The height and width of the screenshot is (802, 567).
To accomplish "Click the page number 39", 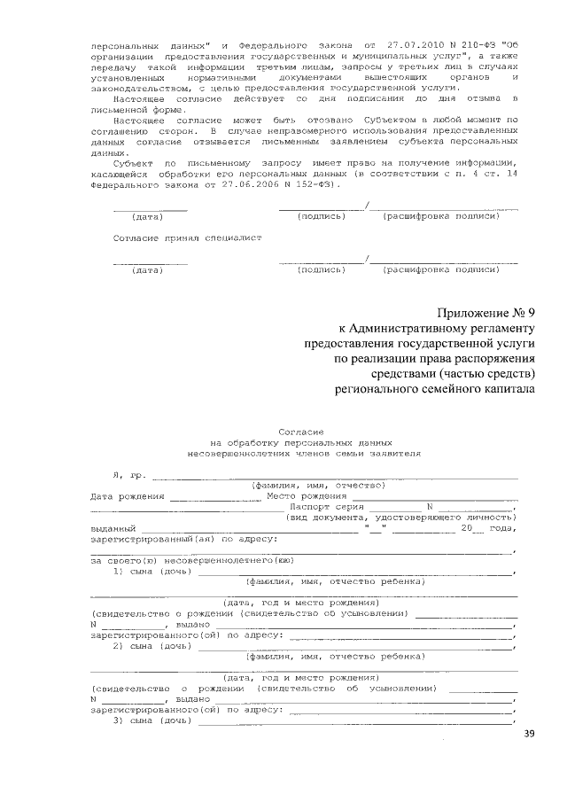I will point(529,733).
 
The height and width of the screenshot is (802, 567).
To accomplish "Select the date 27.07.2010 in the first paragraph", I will point(408,43).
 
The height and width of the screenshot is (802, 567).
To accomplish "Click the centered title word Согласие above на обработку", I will point(301,429).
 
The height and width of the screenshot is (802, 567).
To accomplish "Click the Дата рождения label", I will point(128,496).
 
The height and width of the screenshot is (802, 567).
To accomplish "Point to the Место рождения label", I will point(302,496).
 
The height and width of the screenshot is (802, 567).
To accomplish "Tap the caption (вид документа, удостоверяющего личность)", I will point(400,517).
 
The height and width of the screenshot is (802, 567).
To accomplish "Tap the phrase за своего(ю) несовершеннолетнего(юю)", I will point(192,560).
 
